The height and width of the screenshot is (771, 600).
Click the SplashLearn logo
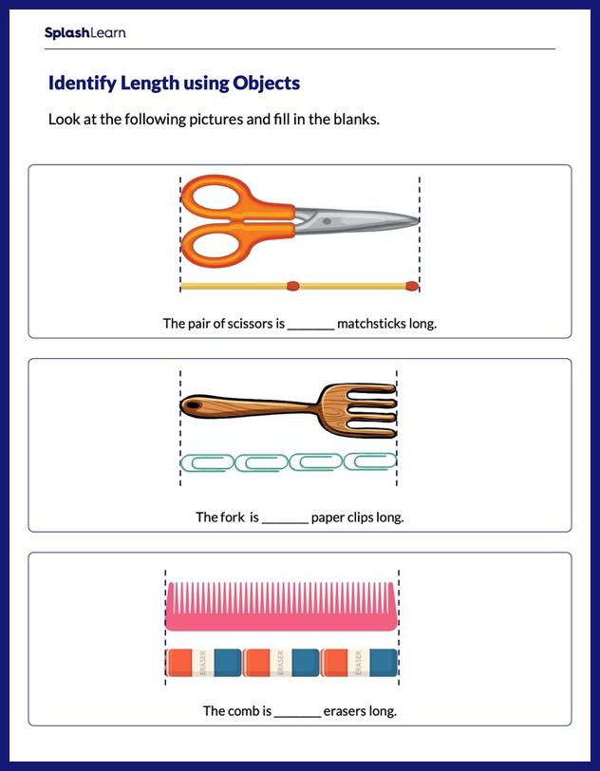coord(84,33)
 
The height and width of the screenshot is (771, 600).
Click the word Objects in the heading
coord(269,84)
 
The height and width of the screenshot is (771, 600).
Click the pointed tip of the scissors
coord(416,221)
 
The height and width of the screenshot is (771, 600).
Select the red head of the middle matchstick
coord(292,284)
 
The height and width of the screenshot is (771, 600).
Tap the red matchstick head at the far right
coord(411,284)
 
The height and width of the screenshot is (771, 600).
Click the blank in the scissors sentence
coord(310,324)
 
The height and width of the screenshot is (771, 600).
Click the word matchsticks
coord(371,324)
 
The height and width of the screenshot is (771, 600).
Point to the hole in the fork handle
coord(192,407)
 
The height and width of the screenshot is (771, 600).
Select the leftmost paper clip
coord(207,462)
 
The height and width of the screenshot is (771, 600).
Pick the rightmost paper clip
coord(369,462)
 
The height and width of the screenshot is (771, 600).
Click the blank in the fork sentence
coord(285,517)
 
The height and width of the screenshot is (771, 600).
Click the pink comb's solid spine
coord(281,620)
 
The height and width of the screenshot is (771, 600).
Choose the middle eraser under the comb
coord(281,664)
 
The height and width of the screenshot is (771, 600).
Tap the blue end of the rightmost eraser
coord(383,664)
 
